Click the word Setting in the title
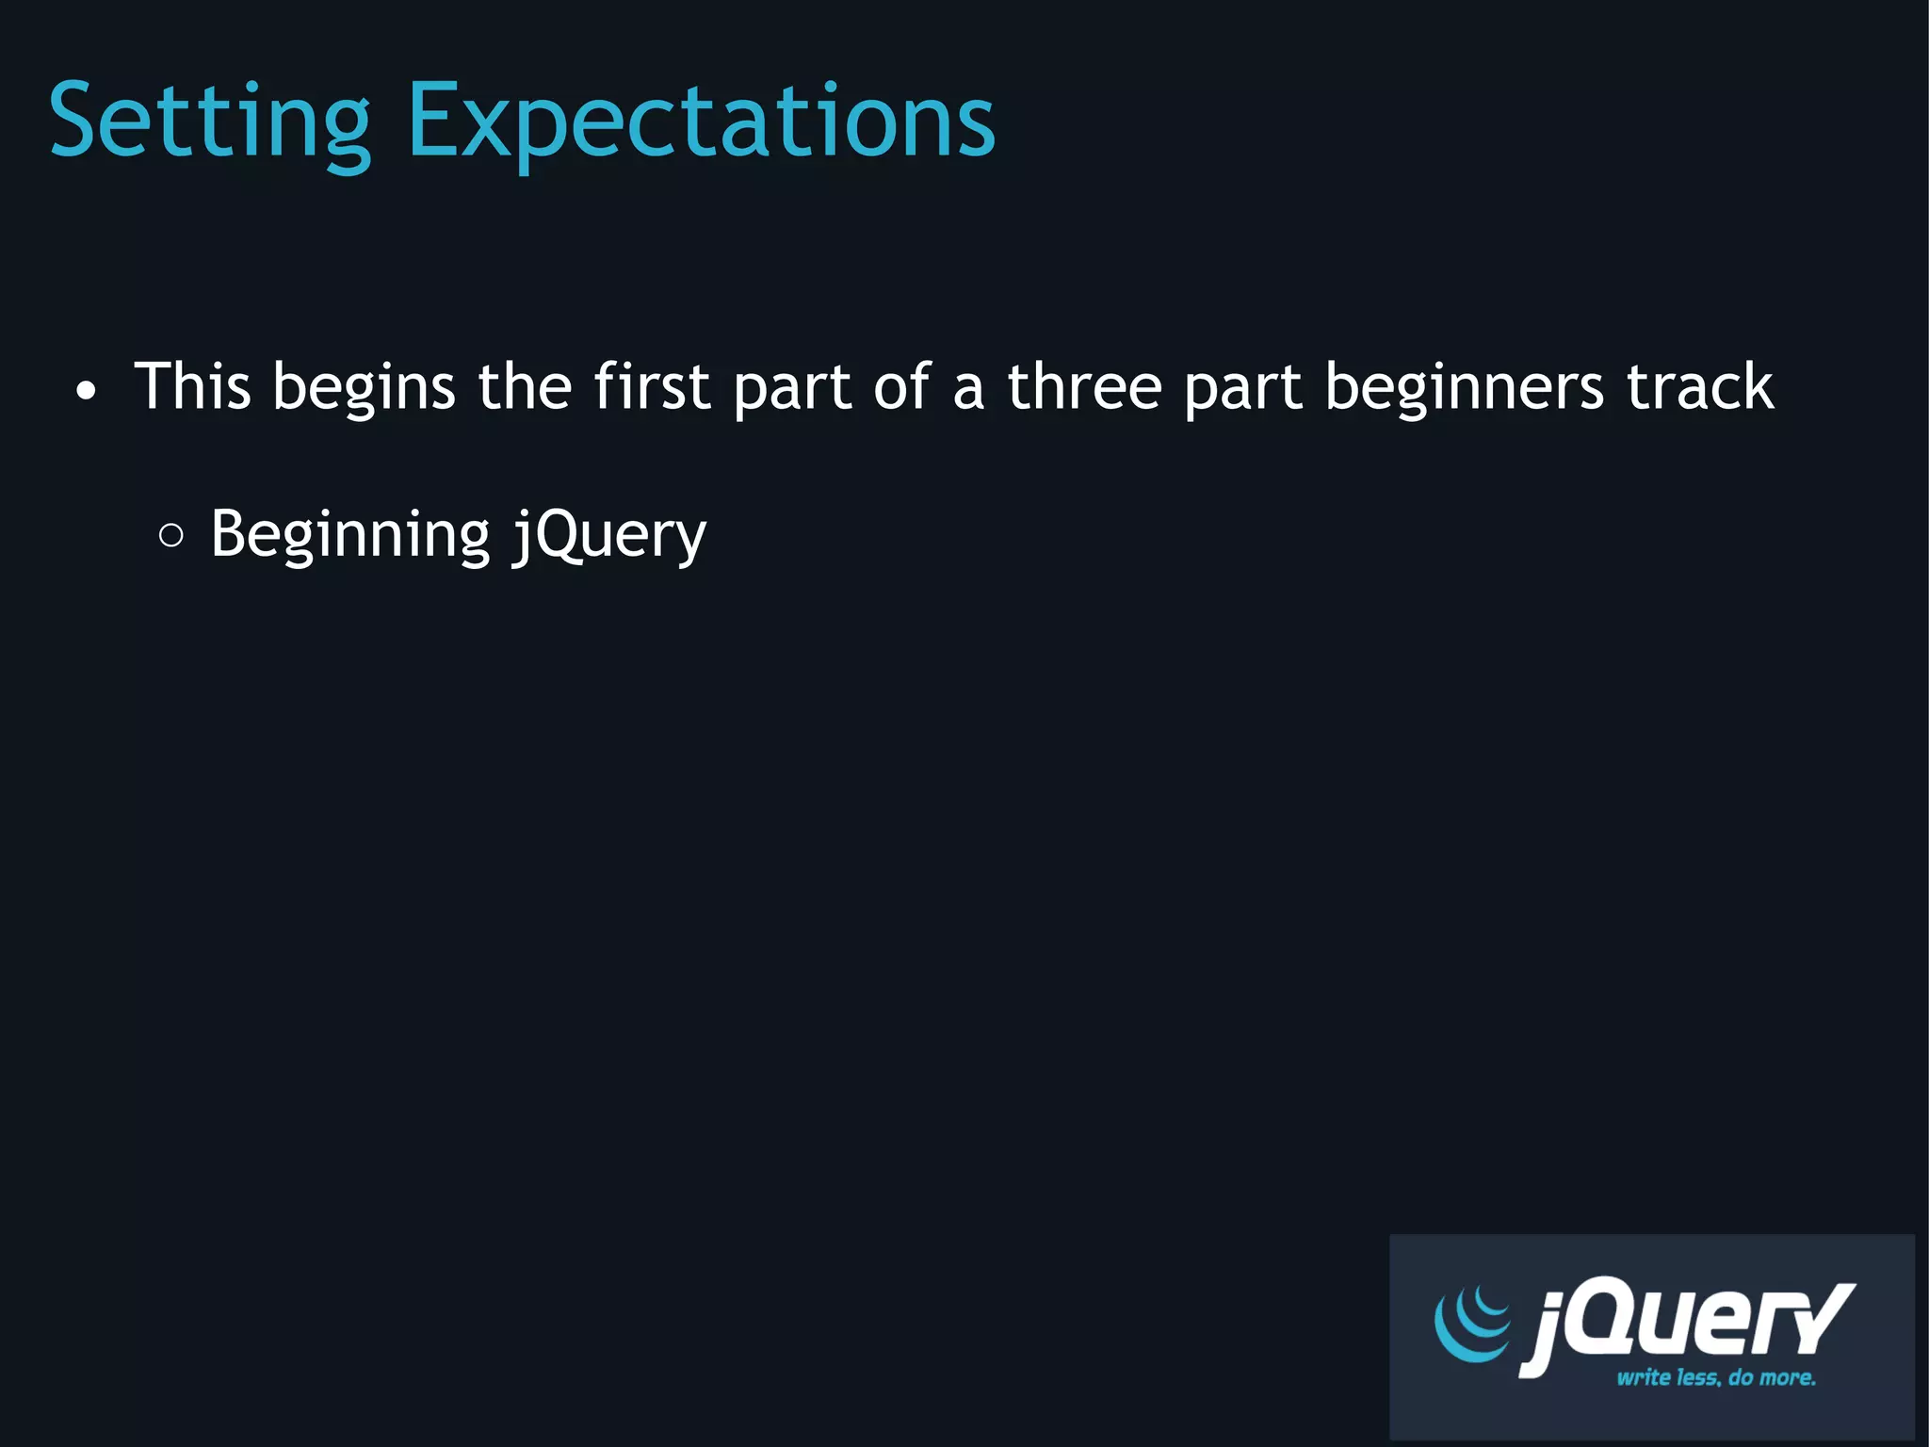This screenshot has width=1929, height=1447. (x=210, y=122)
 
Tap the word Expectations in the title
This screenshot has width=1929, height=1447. (x=701, y=122)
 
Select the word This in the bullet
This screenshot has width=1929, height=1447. (x=193, y=386)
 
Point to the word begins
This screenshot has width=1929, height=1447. (x=364, y=388)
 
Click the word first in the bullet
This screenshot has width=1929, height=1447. (x=651, y=386)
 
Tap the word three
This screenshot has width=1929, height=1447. (x=1084, y=386)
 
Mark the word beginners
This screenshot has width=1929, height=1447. (x=1464, y=388)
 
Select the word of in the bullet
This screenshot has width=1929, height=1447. (x=901, y=386)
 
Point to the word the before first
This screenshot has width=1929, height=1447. (x=525, y=386)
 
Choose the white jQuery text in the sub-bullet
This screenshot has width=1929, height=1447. (x=609, y=535)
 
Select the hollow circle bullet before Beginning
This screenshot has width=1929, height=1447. (x=171, y=536)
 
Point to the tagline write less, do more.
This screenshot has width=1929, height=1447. (x=1716, y=1378)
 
